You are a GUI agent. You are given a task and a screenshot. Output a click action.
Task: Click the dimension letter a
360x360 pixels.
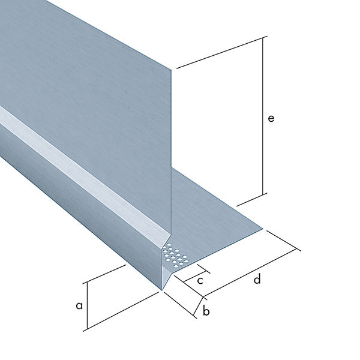tap(79, 305)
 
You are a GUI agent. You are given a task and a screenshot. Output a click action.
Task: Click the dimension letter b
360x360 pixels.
tap(206, 311)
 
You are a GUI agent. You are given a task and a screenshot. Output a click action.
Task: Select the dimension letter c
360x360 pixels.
tap(200, 281)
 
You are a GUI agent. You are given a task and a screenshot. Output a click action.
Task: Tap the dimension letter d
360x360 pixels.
tap(257, 278)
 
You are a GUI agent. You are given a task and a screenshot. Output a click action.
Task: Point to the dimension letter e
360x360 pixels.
tap(271, 118)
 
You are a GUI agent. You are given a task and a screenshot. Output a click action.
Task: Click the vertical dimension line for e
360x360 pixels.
tap(263, 116)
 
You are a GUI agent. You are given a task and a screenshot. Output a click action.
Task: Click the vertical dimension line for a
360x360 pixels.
tap(87, 306)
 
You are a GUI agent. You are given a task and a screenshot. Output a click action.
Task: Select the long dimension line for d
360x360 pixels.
tap(250, 273)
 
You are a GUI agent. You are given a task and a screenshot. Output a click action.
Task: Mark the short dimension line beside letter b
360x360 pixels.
tap(199, 306)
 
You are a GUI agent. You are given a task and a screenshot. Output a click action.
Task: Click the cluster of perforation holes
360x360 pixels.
tap(176, 256)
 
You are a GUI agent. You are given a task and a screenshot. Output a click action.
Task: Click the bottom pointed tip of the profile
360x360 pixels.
tap(162, 290)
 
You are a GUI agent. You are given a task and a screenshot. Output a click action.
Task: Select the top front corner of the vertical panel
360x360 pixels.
tap(171, 70)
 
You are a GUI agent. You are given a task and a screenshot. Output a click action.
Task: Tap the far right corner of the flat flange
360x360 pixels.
tap(263, 229)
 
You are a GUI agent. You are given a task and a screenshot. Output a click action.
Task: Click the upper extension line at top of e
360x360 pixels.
tap(222, 52)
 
